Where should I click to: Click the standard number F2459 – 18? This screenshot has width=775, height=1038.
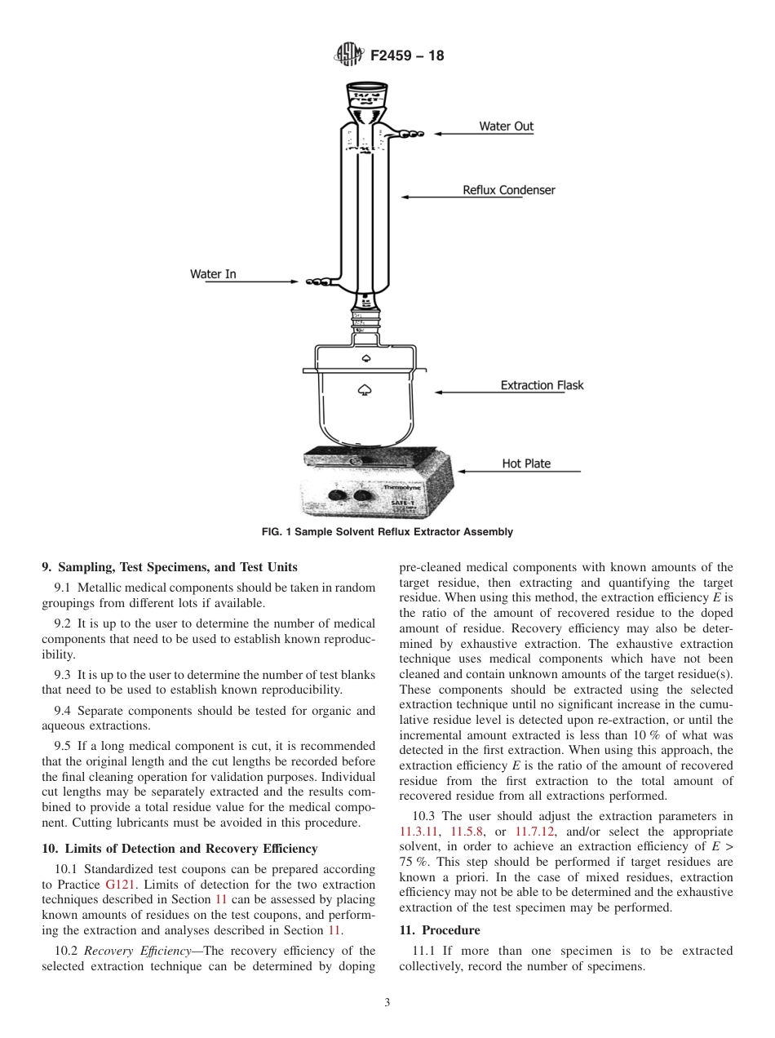[x=407, y=56]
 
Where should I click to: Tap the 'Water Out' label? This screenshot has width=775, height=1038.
[x=506, y=126]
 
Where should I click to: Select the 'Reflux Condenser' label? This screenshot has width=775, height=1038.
[x=509, y=190]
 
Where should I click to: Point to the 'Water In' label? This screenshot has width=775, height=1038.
[x=213, y=274]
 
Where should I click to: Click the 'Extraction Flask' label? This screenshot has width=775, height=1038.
[x=542, y=385]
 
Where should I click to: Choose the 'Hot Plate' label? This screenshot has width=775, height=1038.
[x=526, y=464]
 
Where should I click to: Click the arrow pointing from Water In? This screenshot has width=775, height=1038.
[x=269, y=282]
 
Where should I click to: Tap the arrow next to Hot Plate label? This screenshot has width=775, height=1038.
[x=489, y=471]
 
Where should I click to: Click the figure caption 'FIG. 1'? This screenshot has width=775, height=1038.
[x=387, y=532]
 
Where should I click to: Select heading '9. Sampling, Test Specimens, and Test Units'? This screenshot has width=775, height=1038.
[x=169, y=567]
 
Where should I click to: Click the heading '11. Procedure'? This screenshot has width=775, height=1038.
[x=440, y=930]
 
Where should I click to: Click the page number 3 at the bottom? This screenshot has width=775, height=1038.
[x=387, y=1003]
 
